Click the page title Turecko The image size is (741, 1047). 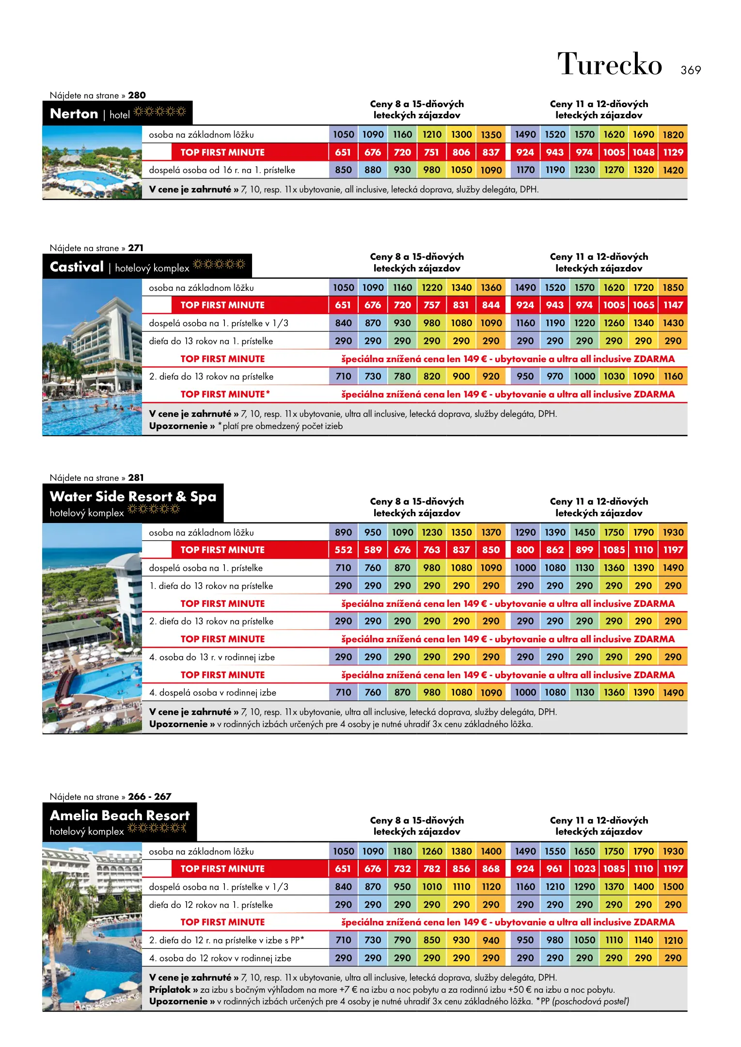pyautogui.click(x=609, y=64)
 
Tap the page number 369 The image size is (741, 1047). pyautogui.click(x=691, y=70)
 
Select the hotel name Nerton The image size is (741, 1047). pyautogui.click(x=74, y=114)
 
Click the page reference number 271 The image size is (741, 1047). pyautogui.click(x=136, y=248)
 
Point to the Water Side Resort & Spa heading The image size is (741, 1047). pyautogui.click(x=133, y=497)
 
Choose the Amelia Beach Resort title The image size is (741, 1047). pyautogui.click(x=120, y=816)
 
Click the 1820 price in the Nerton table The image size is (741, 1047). pyautogui.click(x=673, y=135)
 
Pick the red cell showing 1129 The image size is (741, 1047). pyautogui.click(x=673, y=152)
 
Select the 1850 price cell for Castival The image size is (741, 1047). pyautogui.click(x=673, y=287)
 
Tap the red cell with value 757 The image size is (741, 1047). pyautogui.click(x=431, y=305)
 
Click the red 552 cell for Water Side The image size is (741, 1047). pyautogui.click(x=343, y=550)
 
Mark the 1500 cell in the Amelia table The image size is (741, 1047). pyautogui.click(x=673, y=887)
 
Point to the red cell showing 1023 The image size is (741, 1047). pyautogui.click(x=584, y=869)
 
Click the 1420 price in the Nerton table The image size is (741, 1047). pyautogui.click(x=673, y=170)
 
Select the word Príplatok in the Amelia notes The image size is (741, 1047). pyautogui.click(x=170, y=990)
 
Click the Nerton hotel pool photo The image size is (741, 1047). pyautogui.click(x=92, y=163)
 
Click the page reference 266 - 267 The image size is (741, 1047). pyautogui.click(x=150, y=796)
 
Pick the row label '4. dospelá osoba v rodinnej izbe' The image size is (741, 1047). pyautogui.click(x=213, y=693)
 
